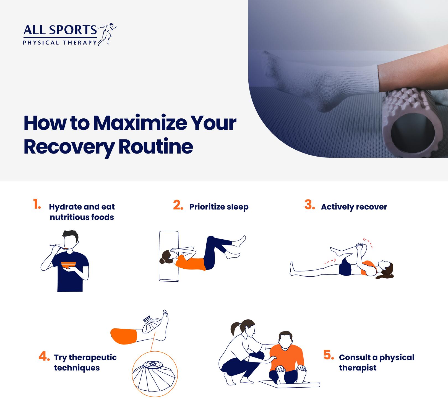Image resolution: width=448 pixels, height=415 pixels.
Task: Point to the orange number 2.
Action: [178, 205]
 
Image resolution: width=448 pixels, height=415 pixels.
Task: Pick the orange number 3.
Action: [310, 205]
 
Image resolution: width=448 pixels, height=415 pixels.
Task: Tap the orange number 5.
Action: [329, 355]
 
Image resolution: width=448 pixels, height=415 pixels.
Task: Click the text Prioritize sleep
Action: [219, 207]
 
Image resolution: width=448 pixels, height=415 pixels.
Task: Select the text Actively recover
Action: [354, 207]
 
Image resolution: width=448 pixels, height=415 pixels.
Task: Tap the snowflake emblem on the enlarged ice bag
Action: [152, 364]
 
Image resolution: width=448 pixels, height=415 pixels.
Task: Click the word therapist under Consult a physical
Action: [358, 368]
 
